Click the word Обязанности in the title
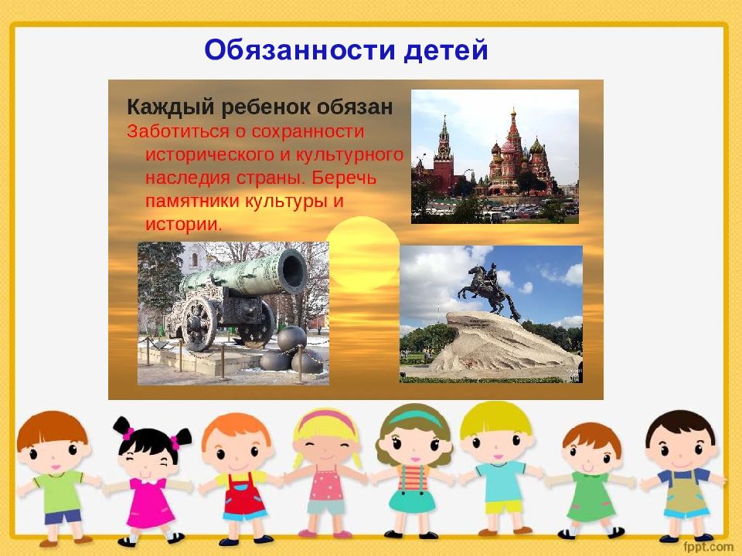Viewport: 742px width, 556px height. pos(299,50)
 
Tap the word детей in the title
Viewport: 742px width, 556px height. pos(445,51)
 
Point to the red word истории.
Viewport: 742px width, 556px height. pos(184,224)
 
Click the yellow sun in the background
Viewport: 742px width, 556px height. pos(362,253)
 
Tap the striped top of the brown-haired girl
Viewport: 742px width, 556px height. pos(413,477)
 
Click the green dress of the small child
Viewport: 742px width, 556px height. pos(591,497)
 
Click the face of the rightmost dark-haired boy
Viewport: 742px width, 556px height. pos(681,449)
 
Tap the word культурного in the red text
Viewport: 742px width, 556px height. pos(349,154)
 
